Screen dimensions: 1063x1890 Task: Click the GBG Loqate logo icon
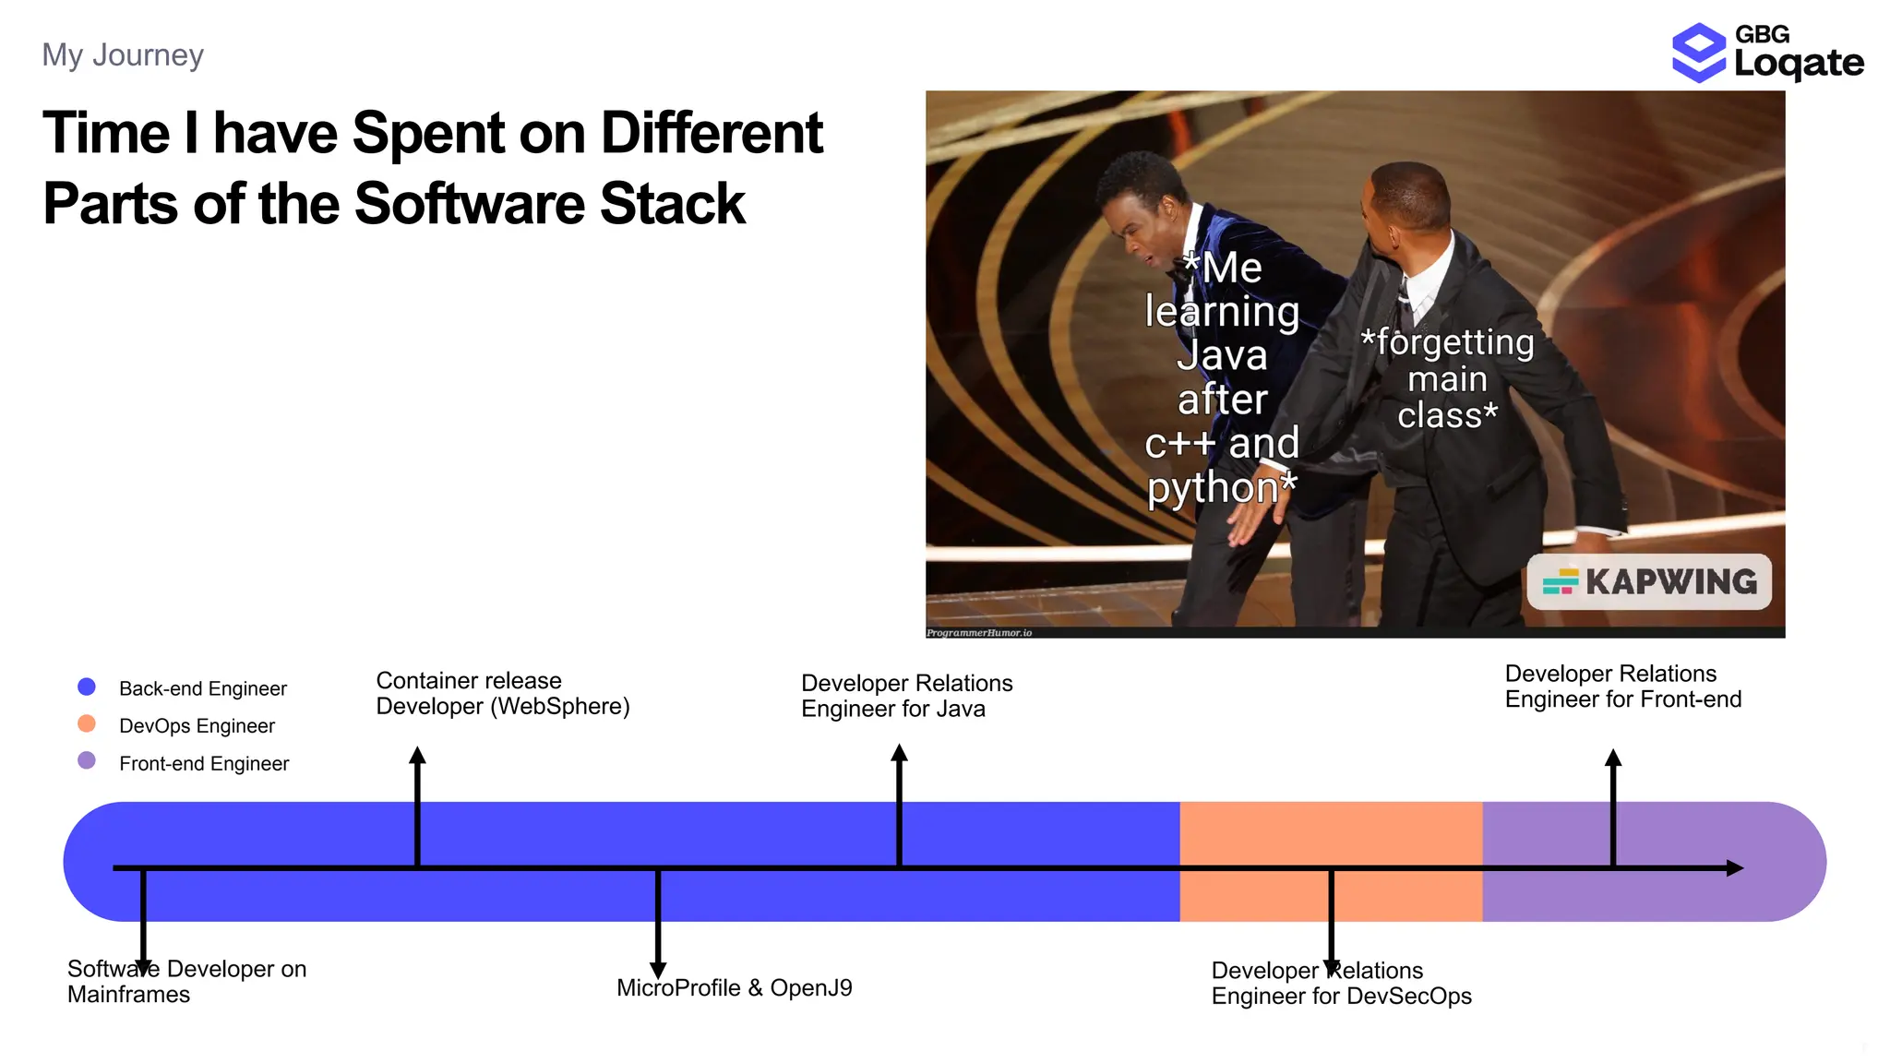click(1698, 53)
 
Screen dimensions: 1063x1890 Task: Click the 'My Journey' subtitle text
click(123, 55)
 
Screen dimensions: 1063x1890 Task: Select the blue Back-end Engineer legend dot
click(87, 687)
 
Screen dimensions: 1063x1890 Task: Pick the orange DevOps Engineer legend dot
click(87, 723)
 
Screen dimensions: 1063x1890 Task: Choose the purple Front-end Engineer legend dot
click(87, 760)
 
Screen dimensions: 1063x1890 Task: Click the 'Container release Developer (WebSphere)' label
click(502, 694)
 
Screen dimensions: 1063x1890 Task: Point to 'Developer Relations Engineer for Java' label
click(905, 696)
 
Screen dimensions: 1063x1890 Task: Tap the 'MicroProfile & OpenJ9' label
click(734, 988)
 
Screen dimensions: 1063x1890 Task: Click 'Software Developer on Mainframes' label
click(186, 982)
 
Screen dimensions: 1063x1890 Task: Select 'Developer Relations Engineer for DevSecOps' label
click(1340, 984)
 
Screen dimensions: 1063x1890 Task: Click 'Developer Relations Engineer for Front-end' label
click(1622, 687)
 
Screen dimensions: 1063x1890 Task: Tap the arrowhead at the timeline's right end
click(1734, 868)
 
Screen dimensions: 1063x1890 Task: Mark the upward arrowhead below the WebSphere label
click(417, 756)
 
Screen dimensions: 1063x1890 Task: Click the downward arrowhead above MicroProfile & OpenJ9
click(658, 970)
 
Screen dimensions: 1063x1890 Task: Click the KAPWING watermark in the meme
click(1649, 582)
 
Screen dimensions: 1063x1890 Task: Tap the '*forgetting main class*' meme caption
click(1447, 379)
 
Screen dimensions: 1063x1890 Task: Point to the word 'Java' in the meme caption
click(1222, 356)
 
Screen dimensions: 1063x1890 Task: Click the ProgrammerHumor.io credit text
click(979, 633)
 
